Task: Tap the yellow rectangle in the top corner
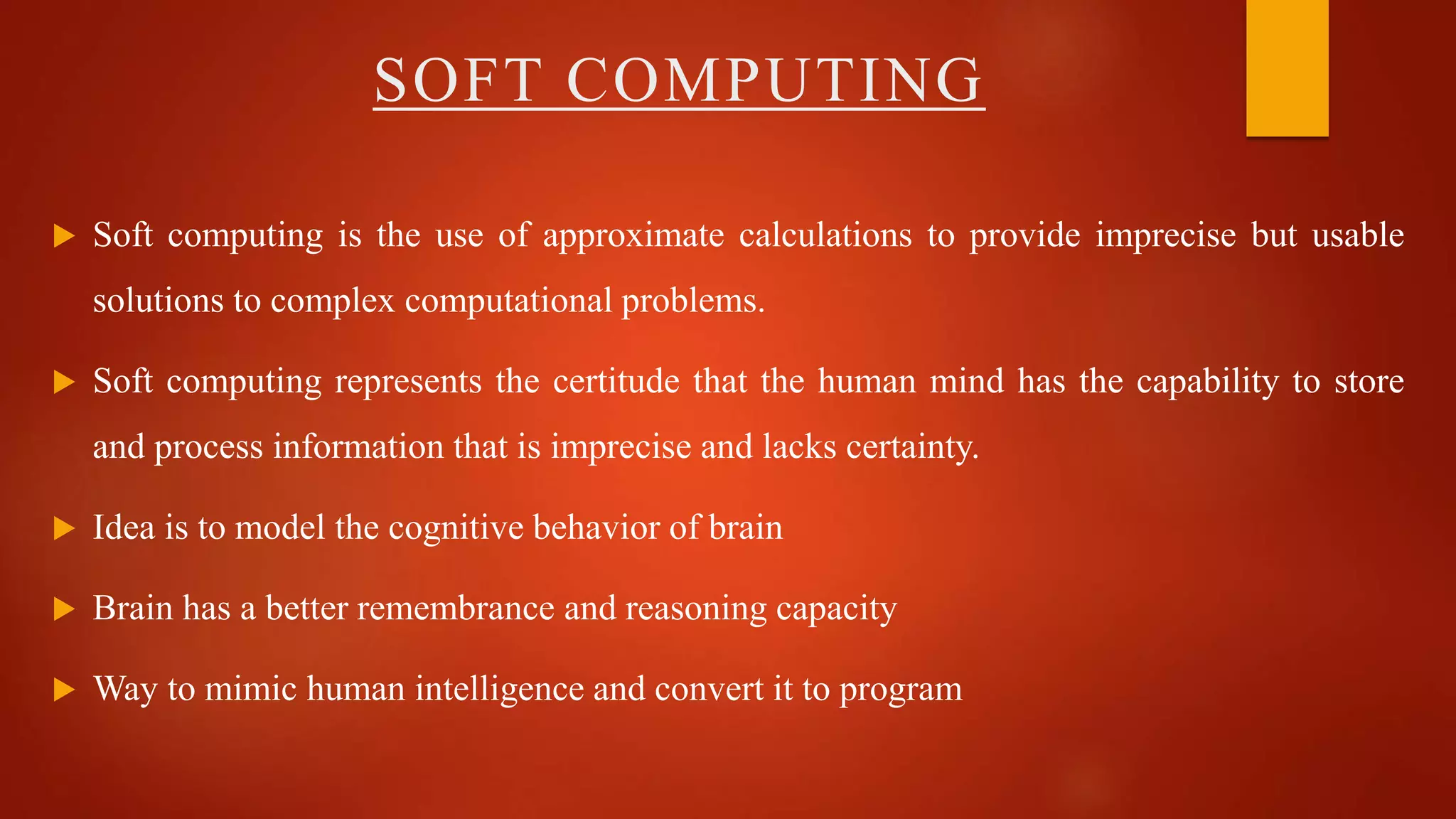[x=1287, y=68]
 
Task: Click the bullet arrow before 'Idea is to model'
[x=64, y=528]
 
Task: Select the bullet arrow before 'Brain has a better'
[x=64, y=609]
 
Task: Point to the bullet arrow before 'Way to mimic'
[x=64, y=690]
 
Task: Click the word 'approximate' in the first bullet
[x=633, y=236]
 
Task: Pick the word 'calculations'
[x=825, y=236]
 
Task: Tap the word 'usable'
[x=1358, y=236]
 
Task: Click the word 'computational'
[x=508, y=301]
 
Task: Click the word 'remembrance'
[x=455, y=609]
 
